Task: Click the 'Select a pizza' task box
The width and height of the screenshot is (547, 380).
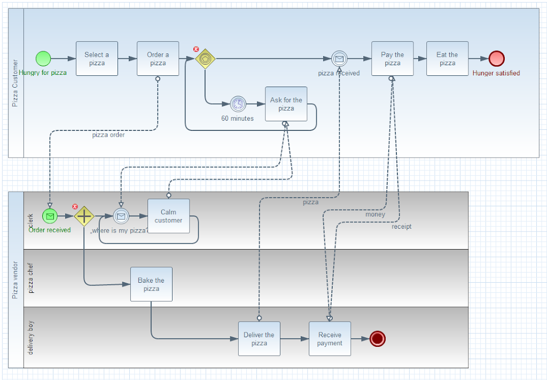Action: tap(97, 59)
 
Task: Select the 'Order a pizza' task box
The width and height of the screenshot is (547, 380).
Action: tap(158, 59)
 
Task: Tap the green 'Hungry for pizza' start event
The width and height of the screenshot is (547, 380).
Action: tap(43, 59)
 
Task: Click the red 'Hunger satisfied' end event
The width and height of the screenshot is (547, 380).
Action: tap(497, 59)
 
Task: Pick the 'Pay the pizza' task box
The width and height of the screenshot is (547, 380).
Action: tap(393, 59)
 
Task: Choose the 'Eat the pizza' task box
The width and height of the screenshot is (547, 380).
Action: tap(448, 59)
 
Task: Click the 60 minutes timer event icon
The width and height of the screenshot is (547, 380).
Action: tap(238, 104)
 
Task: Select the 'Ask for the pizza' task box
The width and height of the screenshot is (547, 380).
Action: tap(286, 104)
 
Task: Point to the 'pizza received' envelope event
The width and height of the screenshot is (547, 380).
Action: tap(339, 59)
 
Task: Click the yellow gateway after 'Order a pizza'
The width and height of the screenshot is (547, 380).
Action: tap(205, 59)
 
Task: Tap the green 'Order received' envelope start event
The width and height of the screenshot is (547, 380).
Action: tap(50, 216)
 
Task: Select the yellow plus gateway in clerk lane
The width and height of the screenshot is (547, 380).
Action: tap(84, 216)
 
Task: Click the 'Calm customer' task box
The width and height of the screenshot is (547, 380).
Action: tap(169, 216)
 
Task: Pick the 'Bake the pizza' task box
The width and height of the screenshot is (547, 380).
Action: tap(152, 284)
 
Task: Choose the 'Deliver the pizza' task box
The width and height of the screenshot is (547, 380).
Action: tap(259, 339)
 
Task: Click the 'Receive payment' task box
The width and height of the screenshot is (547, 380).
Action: tap(330, 339)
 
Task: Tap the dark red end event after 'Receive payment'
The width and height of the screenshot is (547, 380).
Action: tap(378, 339)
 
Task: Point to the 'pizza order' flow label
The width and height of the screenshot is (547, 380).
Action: tap(108, 135)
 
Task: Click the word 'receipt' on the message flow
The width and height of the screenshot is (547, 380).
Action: tap(402, 227)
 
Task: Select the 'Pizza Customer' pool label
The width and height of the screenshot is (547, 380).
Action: tap(15, 83)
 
